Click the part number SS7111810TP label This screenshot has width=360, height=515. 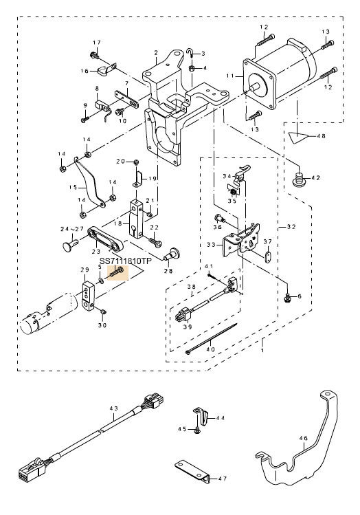click(126, 261)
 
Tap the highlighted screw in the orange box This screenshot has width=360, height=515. click(116, 272)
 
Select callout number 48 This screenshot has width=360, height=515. click(322, 136)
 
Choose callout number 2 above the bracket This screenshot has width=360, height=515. click(156, 52)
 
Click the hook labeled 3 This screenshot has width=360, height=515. click(191, 52)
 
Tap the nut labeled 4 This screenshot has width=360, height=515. click(191, 68)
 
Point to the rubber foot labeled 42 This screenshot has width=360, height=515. click(299, 179)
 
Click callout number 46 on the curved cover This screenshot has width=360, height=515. click(304, 438)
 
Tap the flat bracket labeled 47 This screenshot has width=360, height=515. click(192, 472)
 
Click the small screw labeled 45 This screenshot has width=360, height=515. click(196, 430)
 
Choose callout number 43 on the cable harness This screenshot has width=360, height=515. click(113, 409)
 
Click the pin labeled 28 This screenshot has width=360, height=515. click(170, 254)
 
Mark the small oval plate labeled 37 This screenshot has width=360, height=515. click(267, 257)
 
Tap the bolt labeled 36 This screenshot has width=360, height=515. click(219, 218)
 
